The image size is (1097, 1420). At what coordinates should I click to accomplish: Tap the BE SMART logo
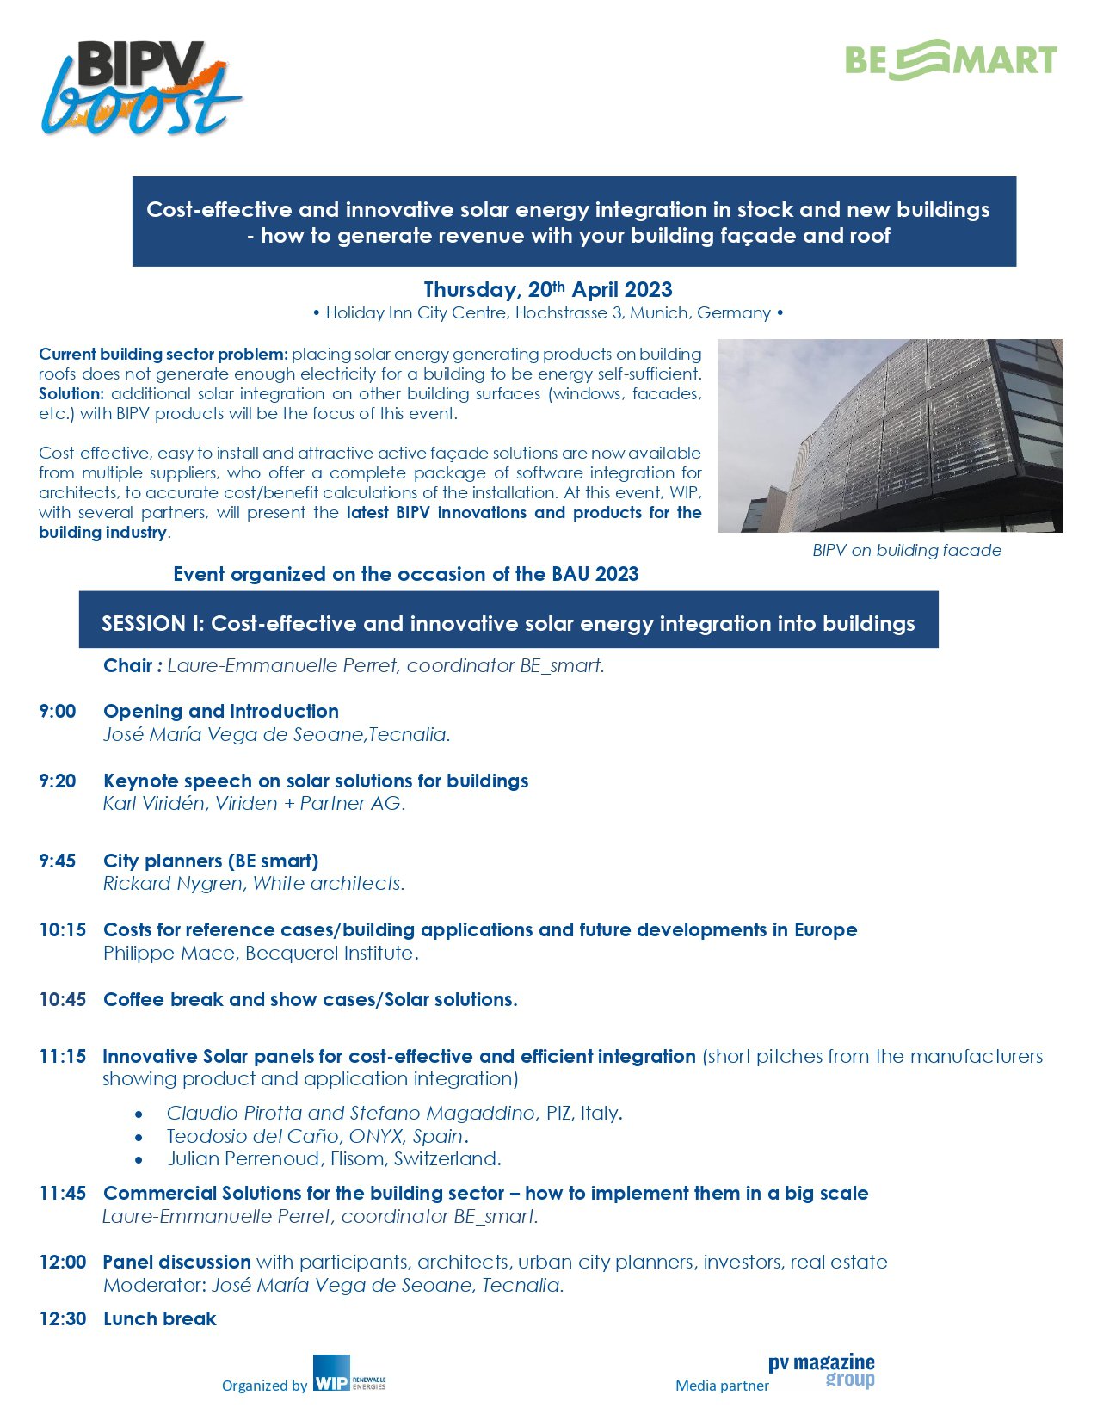(x=950, y=60)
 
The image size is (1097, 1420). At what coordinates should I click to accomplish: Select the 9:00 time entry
(x=58, y=712)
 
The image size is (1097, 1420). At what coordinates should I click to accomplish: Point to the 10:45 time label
(x=63, y=1000)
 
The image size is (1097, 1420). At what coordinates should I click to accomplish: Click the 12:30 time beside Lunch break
(x=63, y=1319)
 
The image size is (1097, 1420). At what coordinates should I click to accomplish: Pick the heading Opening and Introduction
(x=221, y=712)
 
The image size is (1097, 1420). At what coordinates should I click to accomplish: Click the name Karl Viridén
(x=154, y=804)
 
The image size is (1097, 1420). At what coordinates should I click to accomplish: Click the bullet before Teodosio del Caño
(x=139, y=1137)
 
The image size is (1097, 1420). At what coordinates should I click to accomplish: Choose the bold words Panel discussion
(x=176, y=1263)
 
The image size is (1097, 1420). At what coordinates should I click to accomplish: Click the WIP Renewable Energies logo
(x=349, y=1374)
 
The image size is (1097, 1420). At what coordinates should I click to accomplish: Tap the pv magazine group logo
(x=822, y=1370)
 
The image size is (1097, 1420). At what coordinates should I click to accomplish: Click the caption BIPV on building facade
(x=907, y=551)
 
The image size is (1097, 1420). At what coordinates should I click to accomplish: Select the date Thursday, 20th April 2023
(x=548, y=290)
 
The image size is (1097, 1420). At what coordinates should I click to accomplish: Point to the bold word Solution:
(x=71, y=394)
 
